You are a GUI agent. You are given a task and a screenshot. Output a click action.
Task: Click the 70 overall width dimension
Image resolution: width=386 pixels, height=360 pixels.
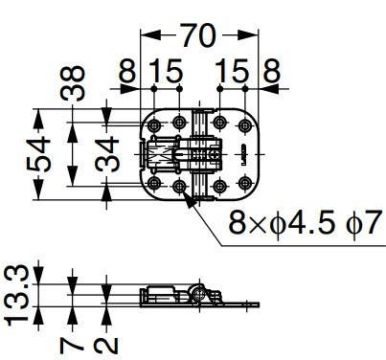(198, 38)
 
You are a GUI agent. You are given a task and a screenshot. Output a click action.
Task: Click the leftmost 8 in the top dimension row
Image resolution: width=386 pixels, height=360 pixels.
(127, 73)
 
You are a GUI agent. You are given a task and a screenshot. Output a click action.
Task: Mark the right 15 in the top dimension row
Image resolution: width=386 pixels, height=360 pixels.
(233, 73)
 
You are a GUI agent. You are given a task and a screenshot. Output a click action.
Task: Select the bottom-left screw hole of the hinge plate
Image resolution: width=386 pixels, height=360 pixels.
(154, 183)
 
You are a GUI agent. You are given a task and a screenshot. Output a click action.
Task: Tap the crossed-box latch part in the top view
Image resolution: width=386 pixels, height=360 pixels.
(162, 153)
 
